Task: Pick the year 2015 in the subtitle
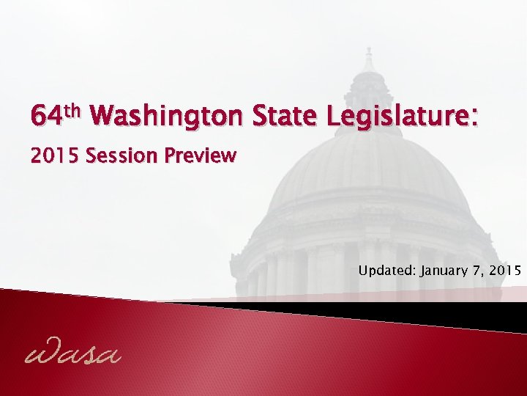pyautogui.click(x=55, y=156)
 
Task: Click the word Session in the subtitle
pyautogui.click(x=122, y=156)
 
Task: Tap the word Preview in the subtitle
pyautogui.click(x=200, y=156)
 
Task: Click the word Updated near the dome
pyautogui.click(x=386, y=271)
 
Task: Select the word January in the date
pyautogui.click(x=446, y=271)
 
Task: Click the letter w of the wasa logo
pyautogui.click(x=40, y=354)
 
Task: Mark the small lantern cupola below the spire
pyautogui.click(x=368, y=92)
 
